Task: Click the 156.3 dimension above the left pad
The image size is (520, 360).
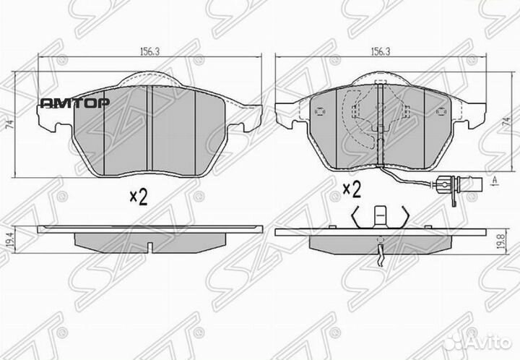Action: tap(141, 52)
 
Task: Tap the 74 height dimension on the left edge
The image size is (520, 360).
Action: tap(9, 124)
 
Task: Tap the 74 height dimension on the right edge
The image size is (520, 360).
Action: tap(506, 124)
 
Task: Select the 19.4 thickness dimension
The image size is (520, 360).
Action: tap(9, 237)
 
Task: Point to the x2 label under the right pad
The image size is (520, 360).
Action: tap(351, 189)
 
